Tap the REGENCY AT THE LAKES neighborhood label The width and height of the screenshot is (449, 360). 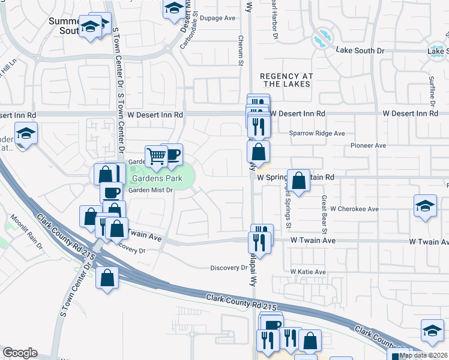(286, 80)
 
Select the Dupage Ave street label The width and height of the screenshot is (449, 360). (217, 18)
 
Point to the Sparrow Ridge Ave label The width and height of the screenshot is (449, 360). (317, 133)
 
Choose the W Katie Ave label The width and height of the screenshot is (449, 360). (308, 272)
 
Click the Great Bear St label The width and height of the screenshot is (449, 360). (324, 215)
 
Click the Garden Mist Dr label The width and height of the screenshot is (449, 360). (151, 190)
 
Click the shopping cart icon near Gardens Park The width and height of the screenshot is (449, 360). (156, 156)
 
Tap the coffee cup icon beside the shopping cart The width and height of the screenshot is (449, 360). (172, 154)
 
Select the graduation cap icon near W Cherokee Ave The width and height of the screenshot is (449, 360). (425, 206)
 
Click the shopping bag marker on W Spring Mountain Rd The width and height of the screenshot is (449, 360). (298, 179)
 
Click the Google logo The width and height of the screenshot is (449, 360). (20, 353)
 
